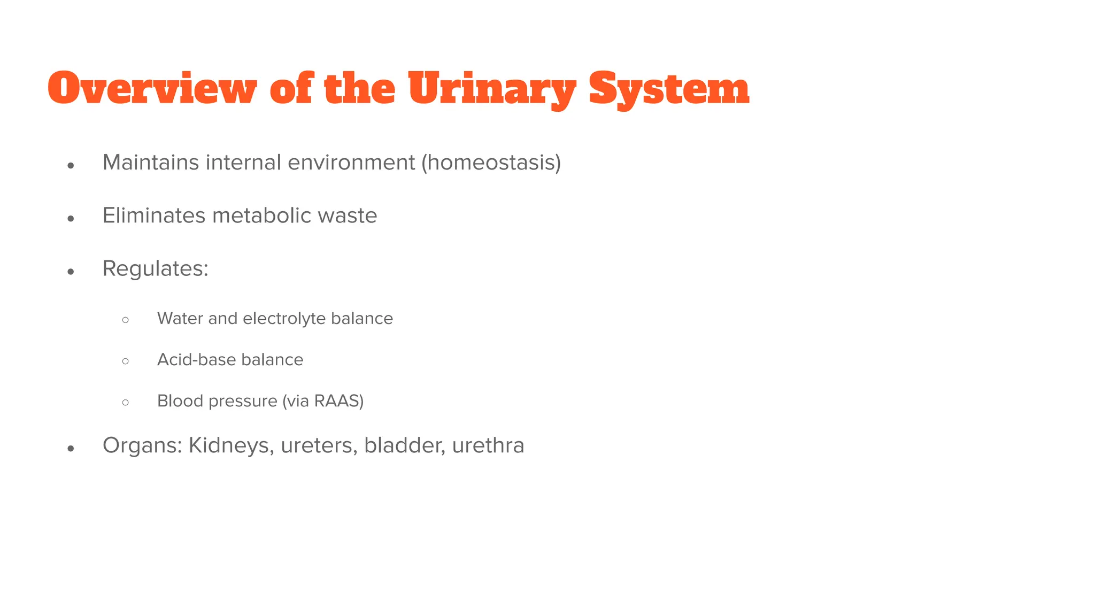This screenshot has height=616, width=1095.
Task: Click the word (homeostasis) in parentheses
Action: (x=491, y=163)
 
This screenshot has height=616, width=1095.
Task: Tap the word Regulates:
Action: (x=156, y=268)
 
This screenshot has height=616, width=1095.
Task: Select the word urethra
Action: (x=488, y=445)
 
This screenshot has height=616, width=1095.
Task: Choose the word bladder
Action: (x=405, y=445)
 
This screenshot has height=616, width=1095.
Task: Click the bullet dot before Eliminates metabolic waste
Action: (x=71, y=218)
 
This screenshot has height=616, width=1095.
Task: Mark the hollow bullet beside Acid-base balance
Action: (x=126, y=361)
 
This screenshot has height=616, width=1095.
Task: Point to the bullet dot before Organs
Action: (x=71, y=448)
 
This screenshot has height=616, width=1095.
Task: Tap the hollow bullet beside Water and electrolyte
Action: (x=126, y=320)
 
